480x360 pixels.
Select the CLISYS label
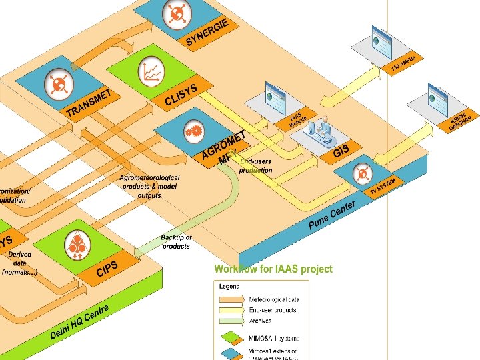(x=181, y=93)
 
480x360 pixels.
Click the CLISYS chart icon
(x=151, y=71)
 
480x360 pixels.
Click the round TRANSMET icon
(x=57, y=84)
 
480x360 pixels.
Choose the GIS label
(x=341, y=151)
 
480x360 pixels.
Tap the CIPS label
(x=107, y=269)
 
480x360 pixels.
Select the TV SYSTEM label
(x=383, y=187)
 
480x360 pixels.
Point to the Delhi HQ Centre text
(x=79, y=321)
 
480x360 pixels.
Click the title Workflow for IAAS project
(x=273, y=269)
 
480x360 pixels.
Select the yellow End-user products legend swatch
(x=231, y=310)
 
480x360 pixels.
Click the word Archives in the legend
(x=261, y=321)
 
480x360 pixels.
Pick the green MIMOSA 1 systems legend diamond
(x=231, y=337)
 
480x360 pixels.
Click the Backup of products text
(x=176, y=241)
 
